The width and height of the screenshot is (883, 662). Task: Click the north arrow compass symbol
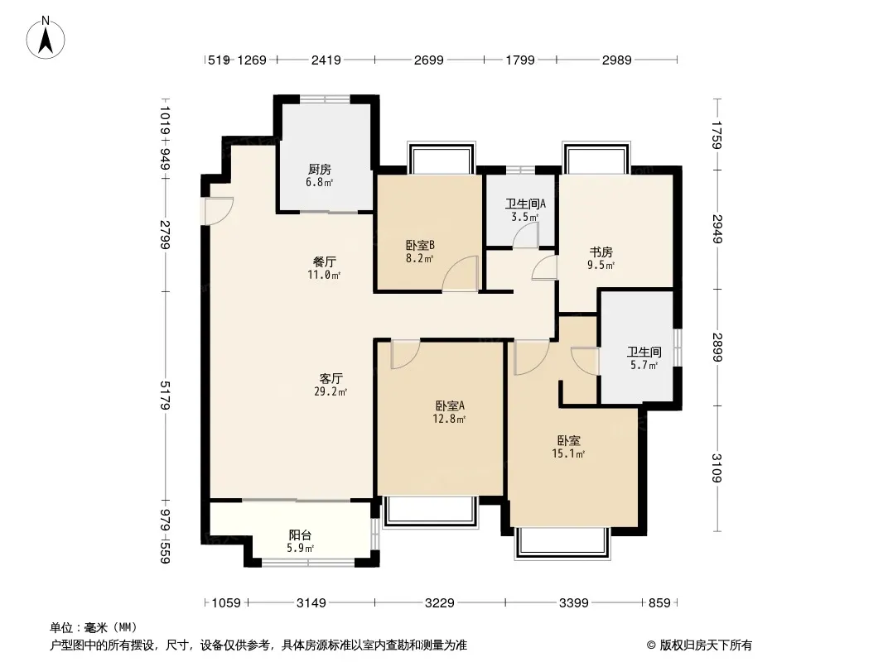pos(46,38)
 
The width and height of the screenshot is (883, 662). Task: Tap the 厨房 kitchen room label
pos(319,169)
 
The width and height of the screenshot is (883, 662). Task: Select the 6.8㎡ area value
pos(319,182)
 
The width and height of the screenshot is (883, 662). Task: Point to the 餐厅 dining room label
pos(325,261)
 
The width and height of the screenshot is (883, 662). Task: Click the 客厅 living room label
pos(331,378)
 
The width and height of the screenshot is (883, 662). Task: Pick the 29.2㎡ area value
pos(331,392)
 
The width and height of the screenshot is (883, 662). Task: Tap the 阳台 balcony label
pos(300,535)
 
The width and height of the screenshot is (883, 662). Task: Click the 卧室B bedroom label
pos(420,245)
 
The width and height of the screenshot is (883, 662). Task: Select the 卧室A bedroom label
pos(450,405)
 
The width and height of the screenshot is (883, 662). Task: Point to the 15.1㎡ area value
pos(568,454)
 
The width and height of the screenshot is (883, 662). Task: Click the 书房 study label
pos(601,252)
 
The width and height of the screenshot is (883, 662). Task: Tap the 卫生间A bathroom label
pos(525,204)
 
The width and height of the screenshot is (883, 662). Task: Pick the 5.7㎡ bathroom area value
pos(644,366)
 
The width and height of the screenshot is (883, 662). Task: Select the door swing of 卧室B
pos(460,273)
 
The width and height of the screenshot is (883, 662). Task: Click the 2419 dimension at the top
pos(326,60)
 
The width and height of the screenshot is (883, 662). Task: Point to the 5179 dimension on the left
pos(165,395)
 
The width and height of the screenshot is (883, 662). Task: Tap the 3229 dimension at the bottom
pos(439,603)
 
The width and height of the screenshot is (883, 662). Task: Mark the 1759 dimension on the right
pos(717,135)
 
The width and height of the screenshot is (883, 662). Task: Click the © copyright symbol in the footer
pos(652,645)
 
